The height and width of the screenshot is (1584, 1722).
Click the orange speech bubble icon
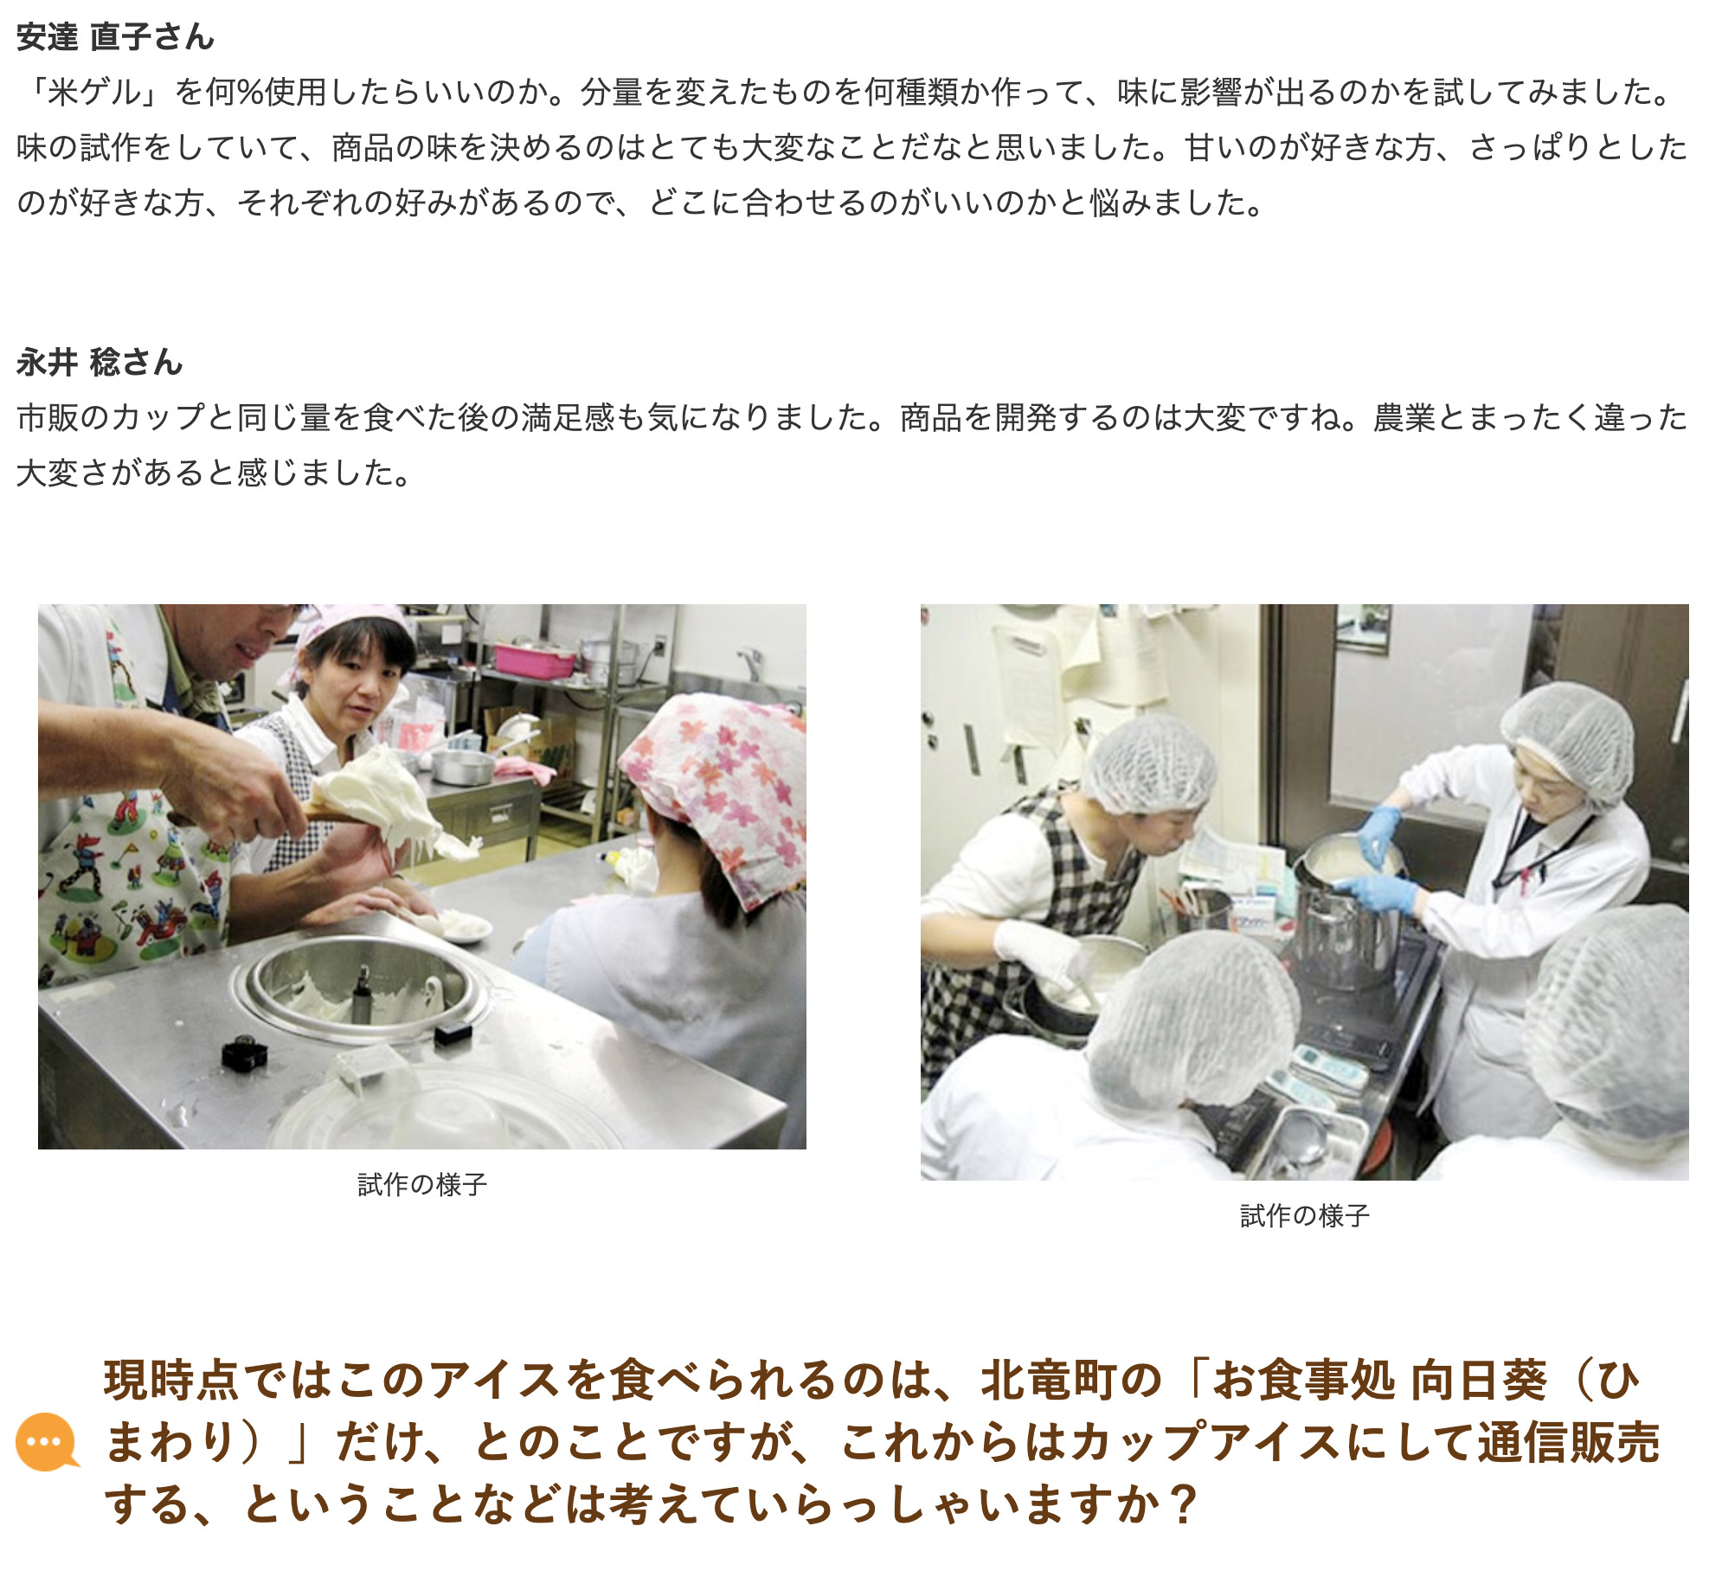click(47, 1441)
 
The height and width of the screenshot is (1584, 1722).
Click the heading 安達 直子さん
click(115, 37)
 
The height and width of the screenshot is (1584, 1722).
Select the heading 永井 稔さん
click(100, 362)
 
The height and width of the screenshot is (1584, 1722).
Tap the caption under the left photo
click(422, 1184)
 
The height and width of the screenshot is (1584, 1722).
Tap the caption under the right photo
click(1305, 1215)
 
